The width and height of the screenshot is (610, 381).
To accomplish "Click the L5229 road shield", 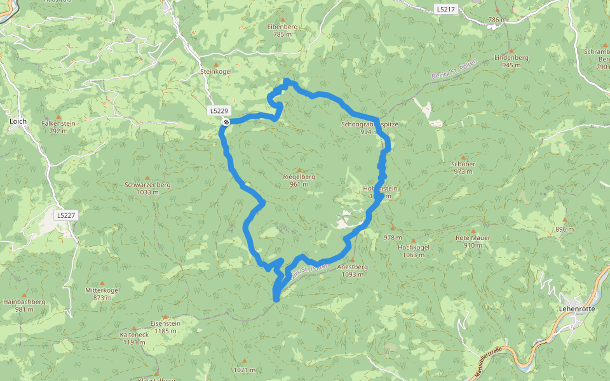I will pos(218,110).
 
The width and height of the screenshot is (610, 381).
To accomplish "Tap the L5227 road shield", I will pos(65,215).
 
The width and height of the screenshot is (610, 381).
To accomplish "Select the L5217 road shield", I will pos(445,8).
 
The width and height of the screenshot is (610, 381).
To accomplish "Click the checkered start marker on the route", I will pos(226,121).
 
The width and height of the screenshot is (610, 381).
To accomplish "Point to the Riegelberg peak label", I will pos(299,177).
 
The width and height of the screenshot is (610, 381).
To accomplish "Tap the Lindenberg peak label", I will pos(511,57).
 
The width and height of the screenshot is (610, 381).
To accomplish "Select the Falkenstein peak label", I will pos(58,123).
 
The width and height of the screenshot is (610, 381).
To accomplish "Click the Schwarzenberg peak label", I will pos(147,185).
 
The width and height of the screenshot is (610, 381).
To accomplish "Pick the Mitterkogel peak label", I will pos(102,290).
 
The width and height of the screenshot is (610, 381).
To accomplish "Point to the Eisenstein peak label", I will pos(165,323).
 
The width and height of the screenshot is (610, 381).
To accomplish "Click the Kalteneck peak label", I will pos(134,335).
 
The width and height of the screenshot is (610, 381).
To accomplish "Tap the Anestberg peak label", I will pos(352,267).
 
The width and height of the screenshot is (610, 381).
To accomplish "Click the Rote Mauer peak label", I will pos(473,237).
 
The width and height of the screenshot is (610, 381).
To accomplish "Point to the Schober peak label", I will pos(463,164).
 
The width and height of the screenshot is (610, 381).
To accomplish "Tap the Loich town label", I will pos(17,120).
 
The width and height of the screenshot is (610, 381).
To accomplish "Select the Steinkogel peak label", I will pos(216,72).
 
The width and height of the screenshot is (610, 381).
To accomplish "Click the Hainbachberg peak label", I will pos(24,302).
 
